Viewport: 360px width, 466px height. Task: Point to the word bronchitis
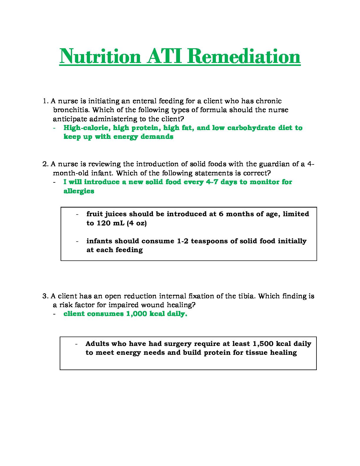click(68, 110)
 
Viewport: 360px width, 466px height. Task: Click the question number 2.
click(45, 164)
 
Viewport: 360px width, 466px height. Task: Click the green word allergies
click(79, 191)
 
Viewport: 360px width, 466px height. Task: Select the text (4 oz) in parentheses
click(136, 223)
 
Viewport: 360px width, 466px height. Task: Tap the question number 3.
click(45, 296)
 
